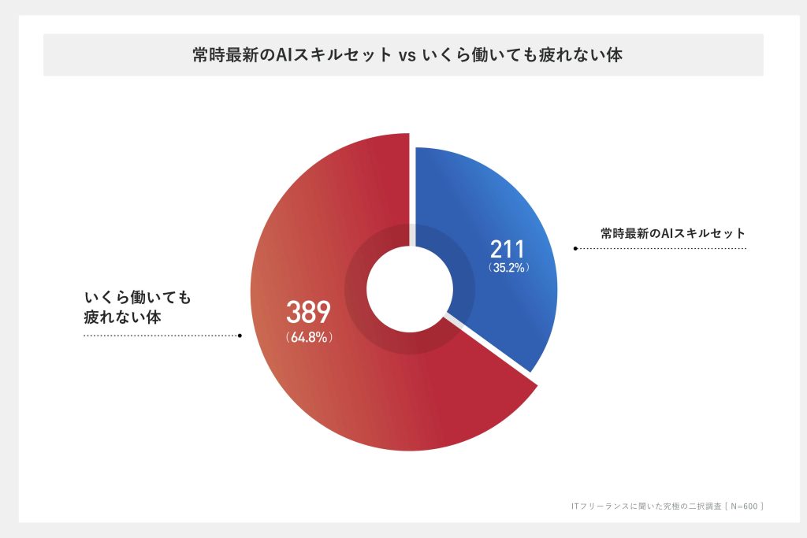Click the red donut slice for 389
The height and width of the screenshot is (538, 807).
(x=315, y=394)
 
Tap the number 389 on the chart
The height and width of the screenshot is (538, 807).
(x=307, y=313)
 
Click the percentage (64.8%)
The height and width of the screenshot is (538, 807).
(x=308, y=337)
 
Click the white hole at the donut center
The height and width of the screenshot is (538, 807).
(x=403, y=292)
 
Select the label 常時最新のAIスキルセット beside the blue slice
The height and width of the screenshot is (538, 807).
(x=672, y=233)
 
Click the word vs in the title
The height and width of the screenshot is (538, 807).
(x=405, y=55)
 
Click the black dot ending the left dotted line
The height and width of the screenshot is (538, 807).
(x=240, y=335)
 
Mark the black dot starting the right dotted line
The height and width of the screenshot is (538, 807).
(x=575, y=248)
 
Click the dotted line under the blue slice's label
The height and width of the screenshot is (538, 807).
(x=662, y=248)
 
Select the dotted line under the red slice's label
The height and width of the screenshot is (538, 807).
(x=161, y=335)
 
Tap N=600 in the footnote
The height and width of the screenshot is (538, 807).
(x=741, y=506)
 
